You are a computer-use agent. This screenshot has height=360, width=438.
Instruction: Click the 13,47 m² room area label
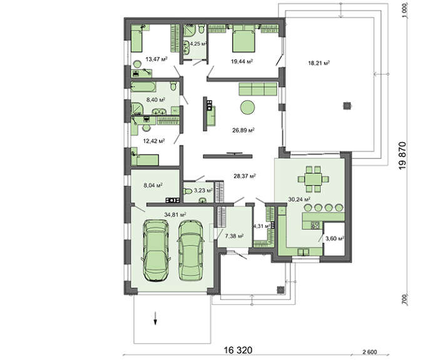coord(156,59)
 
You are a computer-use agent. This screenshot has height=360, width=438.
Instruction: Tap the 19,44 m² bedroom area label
coord(242,61)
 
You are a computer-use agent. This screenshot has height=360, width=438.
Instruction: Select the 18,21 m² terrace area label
coord(319,63)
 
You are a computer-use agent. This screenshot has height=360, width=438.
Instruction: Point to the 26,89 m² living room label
coord(243,130)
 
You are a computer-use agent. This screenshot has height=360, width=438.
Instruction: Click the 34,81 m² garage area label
coord(175,215)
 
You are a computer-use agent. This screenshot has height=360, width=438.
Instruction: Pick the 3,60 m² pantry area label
coord(335,239)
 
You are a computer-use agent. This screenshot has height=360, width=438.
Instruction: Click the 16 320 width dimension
coord(238,350)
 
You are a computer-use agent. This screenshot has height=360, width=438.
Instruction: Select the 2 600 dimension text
coord(370,352)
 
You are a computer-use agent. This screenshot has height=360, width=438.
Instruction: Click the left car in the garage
coord(156,250)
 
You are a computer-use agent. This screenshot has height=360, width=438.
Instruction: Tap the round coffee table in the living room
coord(248,108)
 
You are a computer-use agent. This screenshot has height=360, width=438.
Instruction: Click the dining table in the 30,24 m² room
coord(313,179)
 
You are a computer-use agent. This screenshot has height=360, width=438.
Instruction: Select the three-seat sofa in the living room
coord(258,89)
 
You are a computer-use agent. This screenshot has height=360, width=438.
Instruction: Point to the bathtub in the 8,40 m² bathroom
coord(143,86)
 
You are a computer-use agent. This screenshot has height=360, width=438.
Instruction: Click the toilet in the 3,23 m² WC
coord(188,192)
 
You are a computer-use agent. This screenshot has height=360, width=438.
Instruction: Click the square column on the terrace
coord(347,105)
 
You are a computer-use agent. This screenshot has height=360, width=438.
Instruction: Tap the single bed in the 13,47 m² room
coord(136,41)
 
